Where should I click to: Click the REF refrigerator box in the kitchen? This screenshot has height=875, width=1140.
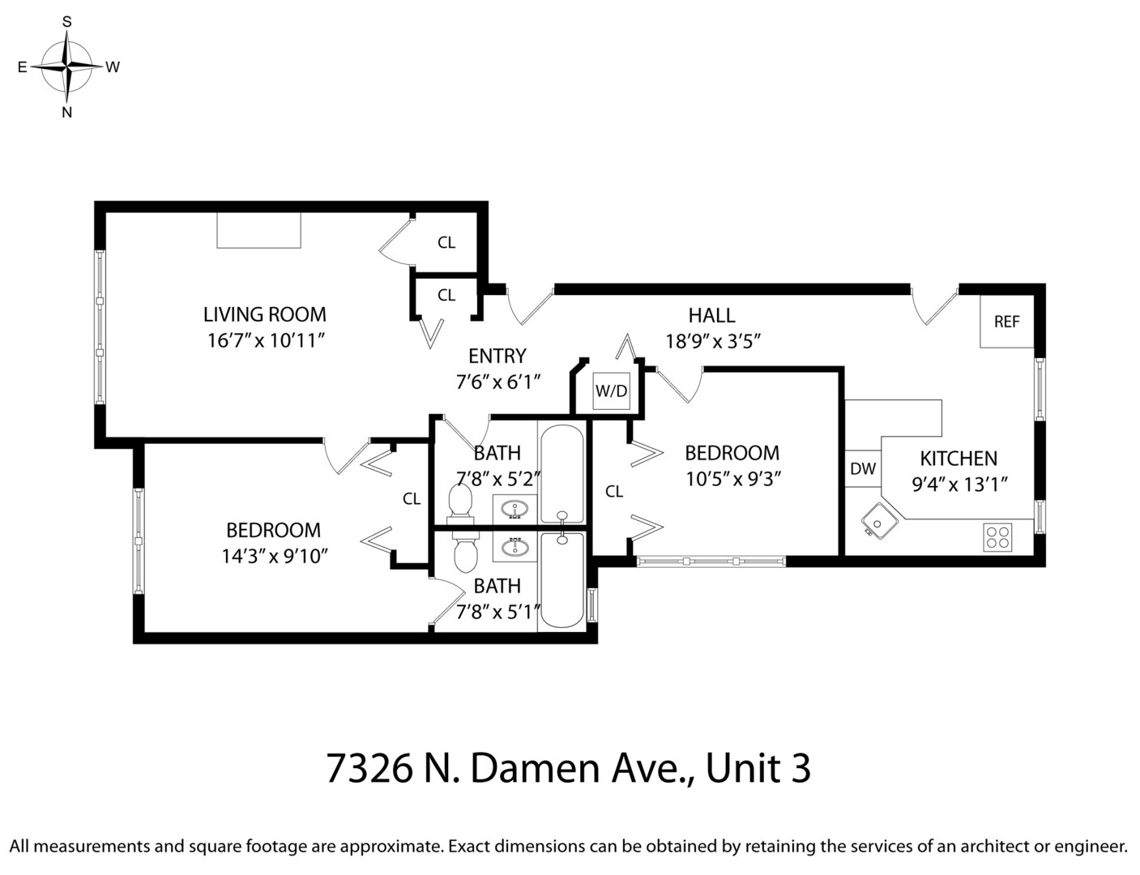pyautogui.click(x=1006, y=322)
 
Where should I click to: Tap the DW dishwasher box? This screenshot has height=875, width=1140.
pyautogui.click(x=863, y=468)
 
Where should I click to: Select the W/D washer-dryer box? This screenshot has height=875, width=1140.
pyautogui.click(x=611, y=391)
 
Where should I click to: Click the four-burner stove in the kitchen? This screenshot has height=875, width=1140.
pyautogui.click(x=997, y=537)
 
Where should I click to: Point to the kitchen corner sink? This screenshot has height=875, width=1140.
pyautogui.click(x=877, y=520)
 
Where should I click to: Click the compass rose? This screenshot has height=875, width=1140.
pyautogui.click(x=67, y=66)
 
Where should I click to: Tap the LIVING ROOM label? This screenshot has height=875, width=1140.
pyautogui.click(x=264, y=314)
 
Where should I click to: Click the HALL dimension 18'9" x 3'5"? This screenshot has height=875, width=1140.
pyautogui.click(x=712, y=341)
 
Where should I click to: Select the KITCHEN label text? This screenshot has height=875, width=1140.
pyautogui.click(x=959, y=459)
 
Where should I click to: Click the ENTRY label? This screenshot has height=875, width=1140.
pyautogui.click(x=497, y=356)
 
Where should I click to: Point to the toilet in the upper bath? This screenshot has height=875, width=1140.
pyautogui.click(x=460, y=501)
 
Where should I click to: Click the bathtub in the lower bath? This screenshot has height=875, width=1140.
pyautogui.click(x=561, y=579)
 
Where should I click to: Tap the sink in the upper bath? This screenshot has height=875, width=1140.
pyautogui.click(x=514, y=510)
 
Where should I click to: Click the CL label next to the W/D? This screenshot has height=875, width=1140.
pyautogui.click(x=614, y=491)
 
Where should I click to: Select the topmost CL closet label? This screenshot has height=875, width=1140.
pyautogui.click(x=446, y=242)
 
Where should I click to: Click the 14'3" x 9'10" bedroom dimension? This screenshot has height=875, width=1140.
pyautogui.click(x=274, y=557)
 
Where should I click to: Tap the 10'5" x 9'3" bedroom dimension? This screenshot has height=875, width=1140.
pyautogui.click(x=732, y=479)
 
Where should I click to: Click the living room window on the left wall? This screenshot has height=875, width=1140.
pyautogui.click(x=100, y=327)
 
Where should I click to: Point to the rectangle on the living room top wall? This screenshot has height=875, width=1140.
pyautogui.click(x=258, y=230)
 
